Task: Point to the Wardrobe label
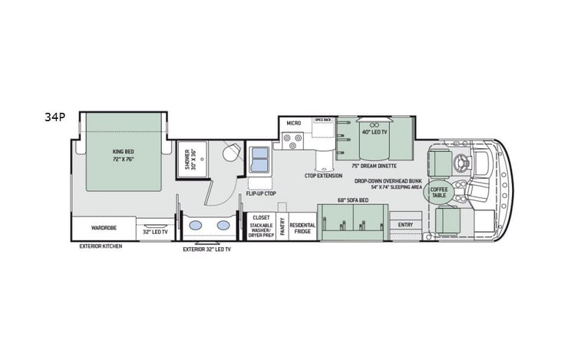[104, 228]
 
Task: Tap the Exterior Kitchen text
[101, 246]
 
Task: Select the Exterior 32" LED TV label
[206, 249]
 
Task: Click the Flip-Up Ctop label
[260, 193]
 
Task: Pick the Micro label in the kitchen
[293, 124]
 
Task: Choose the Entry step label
[405, 224]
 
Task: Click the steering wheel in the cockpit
[463, 162]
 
